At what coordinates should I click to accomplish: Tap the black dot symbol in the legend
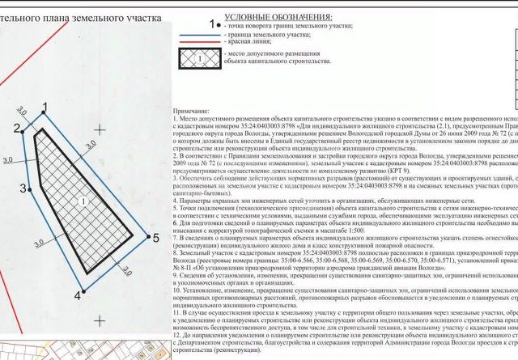point(214,24)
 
